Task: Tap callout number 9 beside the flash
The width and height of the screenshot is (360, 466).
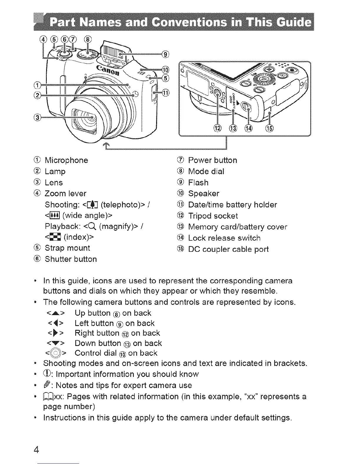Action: click(166, 54)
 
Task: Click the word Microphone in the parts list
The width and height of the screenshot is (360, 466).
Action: click(66, 160)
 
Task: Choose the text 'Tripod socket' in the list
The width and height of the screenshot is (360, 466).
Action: click(213, 216)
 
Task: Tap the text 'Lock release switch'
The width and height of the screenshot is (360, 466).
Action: click(224, 238)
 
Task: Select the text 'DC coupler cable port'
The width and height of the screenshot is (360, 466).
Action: click(228, 249)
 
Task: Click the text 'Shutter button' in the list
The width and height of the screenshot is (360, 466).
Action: click(71, 259)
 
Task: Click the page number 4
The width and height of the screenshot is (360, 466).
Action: click(36, 450)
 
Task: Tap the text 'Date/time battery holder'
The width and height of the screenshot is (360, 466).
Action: click(232, 205)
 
